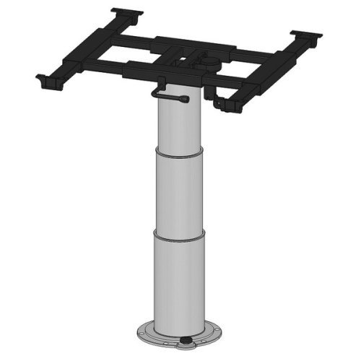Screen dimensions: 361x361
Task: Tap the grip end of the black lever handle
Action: (x=157, y=92)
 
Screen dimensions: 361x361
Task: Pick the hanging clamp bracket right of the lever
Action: (x=226, y=103)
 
